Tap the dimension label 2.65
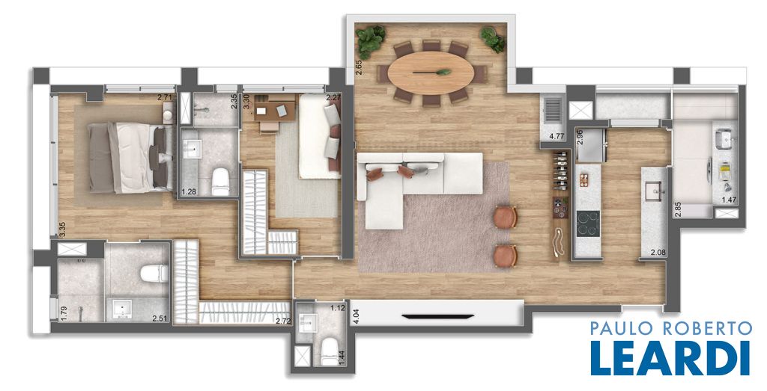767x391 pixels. (359, 67)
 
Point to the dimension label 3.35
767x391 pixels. (61, 230)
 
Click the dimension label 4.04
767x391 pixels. (356, 316)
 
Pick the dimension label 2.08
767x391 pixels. (658, 253)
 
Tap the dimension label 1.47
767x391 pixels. (730, 199)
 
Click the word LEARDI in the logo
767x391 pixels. (670, 358)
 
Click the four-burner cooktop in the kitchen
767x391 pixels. (588, 224)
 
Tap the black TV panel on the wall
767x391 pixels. (437, 316)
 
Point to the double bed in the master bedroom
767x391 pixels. (130, 157)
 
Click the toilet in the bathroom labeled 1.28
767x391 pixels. (220, 182)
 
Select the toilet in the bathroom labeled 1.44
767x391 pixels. (330, 351)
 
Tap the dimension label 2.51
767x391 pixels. (160, 318)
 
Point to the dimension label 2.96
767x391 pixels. (580, 137)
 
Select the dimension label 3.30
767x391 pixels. (246, 102)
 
